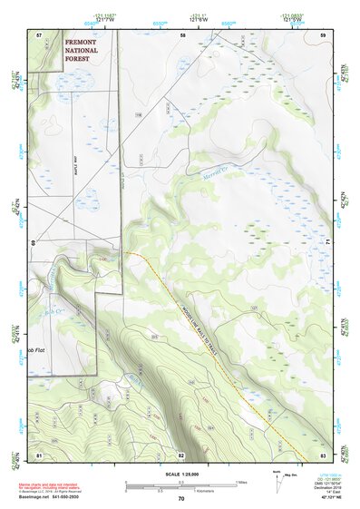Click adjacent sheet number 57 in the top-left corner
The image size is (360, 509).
[39, 34]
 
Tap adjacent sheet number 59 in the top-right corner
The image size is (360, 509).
[324, 34]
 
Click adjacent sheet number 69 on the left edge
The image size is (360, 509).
[34, 243]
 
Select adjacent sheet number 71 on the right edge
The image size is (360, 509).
[329, 243]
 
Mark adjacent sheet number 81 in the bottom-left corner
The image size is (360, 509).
[39, 454]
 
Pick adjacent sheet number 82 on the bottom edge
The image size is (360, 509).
[181, 454]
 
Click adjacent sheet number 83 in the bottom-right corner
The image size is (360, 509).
[324, 454]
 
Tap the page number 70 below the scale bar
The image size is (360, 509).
[181, 498]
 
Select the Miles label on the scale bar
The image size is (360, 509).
[240, 481]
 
